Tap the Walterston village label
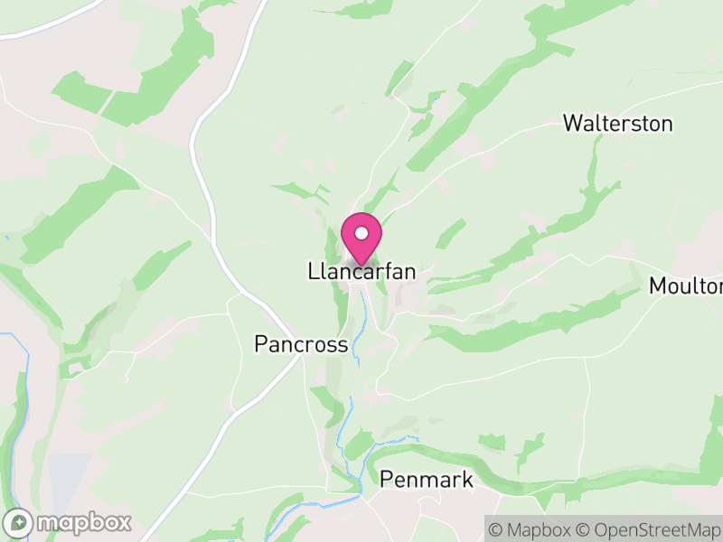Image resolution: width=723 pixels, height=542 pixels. [617, 124]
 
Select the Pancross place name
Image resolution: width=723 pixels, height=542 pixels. [301, 344]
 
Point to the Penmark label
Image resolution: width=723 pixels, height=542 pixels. [427, 480]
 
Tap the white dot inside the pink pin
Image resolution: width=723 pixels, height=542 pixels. [361, 233]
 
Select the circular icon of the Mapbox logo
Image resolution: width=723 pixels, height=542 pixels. [20, 522]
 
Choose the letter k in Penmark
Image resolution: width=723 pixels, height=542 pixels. [466, 480]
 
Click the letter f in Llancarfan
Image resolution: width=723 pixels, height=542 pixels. [389, 271]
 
